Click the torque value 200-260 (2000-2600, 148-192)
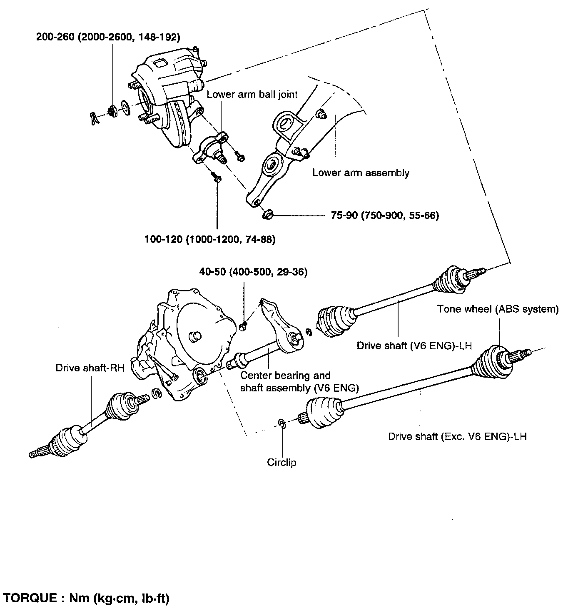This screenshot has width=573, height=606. click(x=108, y=37)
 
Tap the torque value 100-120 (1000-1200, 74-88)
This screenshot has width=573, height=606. click(x=210, y=240)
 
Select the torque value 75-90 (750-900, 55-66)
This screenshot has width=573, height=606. click(x=385, y=215)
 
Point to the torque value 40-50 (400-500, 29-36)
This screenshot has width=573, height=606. click(x=253, y=272)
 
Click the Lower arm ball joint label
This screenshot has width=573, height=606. click(x=252, y=94)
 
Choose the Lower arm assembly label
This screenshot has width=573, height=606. click(x=361, y=173)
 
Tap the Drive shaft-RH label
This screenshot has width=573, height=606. click(x=90, y=368)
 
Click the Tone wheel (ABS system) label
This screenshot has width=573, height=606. click(x=498, y=309)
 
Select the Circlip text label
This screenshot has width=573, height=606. click(x=282, y=462)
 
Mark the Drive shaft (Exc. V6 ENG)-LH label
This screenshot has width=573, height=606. click(x=458, y=436)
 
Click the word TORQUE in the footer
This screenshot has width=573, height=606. click(x=31, y=598)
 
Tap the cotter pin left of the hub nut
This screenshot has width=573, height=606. click(x=94, y=118)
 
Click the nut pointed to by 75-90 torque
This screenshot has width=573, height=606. click(x=267, y=215)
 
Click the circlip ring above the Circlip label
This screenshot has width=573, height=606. click(x=282, y=423)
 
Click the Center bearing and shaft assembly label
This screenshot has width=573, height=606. click(x=299, y=381)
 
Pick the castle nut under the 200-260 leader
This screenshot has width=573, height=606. click(x=112, y=111)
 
